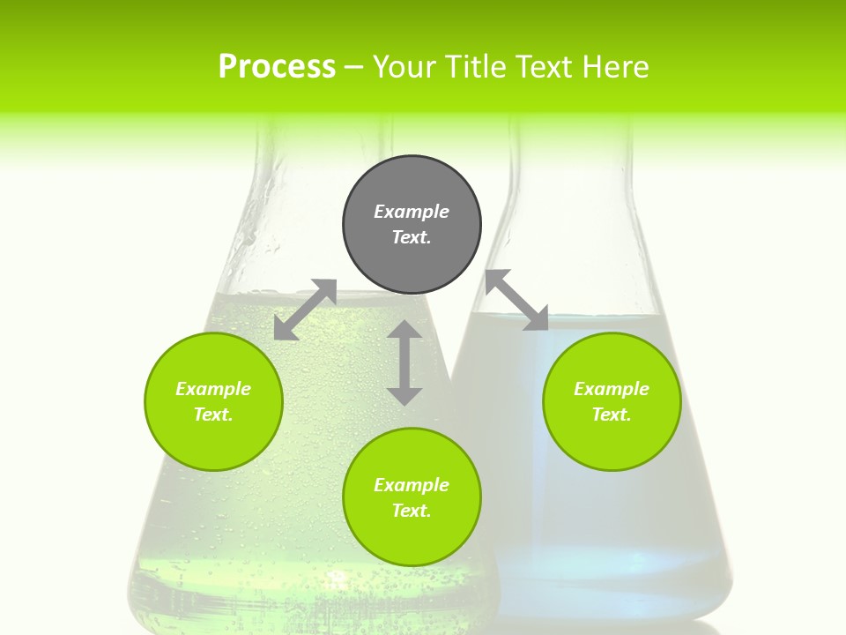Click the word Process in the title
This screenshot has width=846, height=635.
[x=277, y=67]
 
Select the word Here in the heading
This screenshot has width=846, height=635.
[x=614, y=67]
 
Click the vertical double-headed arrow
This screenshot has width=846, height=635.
[x=404, y=362]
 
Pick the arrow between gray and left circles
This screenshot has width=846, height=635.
[x=305, y=310]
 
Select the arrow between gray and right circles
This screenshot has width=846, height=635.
[x=517, y=300]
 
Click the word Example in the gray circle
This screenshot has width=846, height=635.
[x=412, y=212]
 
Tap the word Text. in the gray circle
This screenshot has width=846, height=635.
[x=412, y=237]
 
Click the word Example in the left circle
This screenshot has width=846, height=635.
[x=213, y=389]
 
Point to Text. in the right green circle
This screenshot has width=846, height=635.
[x=612, y=415]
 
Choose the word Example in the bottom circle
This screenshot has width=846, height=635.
[x=412, y=485]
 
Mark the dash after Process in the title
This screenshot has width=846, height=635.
[x=353, y=67]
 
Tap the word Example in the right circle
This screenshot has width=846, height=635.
[x=612, y=389]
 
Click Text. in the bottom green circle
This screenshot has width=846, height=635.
[x=412, y=511]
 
